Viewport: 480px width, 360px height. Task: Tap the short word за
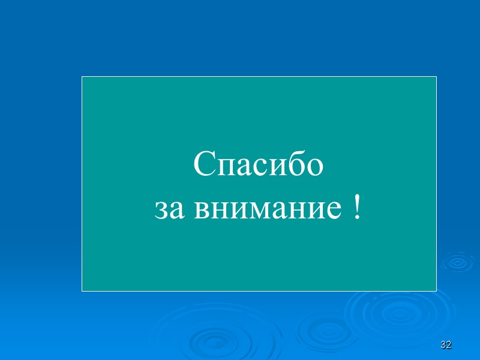click(168, 209)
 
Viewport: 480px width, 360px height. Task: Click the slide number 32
click(445, 345)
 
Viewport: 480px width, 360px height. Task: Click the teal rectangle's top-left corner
click(82, 77)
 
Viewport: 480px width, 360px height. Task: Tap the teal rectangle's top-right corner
click(436, 77)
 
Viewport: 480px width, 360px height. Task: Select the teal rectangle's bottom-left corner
click(82, 291)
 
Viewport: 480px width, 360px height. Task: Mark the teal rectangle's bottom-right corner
click(436, 291)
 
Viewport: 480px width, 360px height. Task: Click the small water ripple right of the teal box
click(457, 262)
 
